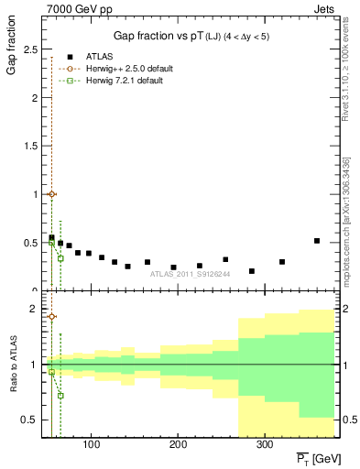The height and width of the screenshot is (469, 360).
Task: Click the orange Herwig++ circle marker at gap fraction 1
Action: pyautogui.click(x=51, y=194)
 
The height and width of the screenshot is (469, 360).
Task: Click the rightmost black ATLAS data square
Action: pyautogui.click(x=317, y=241)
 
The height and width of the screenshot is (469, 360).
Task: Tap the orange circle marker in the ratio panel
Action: pyautogui.click(x=51, y=317)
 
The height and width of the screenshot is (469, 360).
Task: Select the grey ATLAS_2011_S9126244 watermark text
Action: pyautogui.click(x=191, y=273)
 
